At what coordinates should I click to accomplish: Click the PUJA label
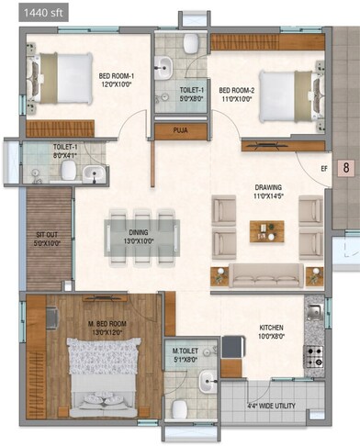(181, 131)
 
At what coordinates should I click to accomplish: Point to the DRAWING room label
(268, 188)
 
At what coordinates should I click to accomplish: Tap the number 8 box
(346, 167)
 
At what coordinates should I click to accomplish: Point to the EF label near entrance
(323, 168)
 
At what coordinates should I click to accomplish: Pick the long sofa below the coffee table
(265, 274)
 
